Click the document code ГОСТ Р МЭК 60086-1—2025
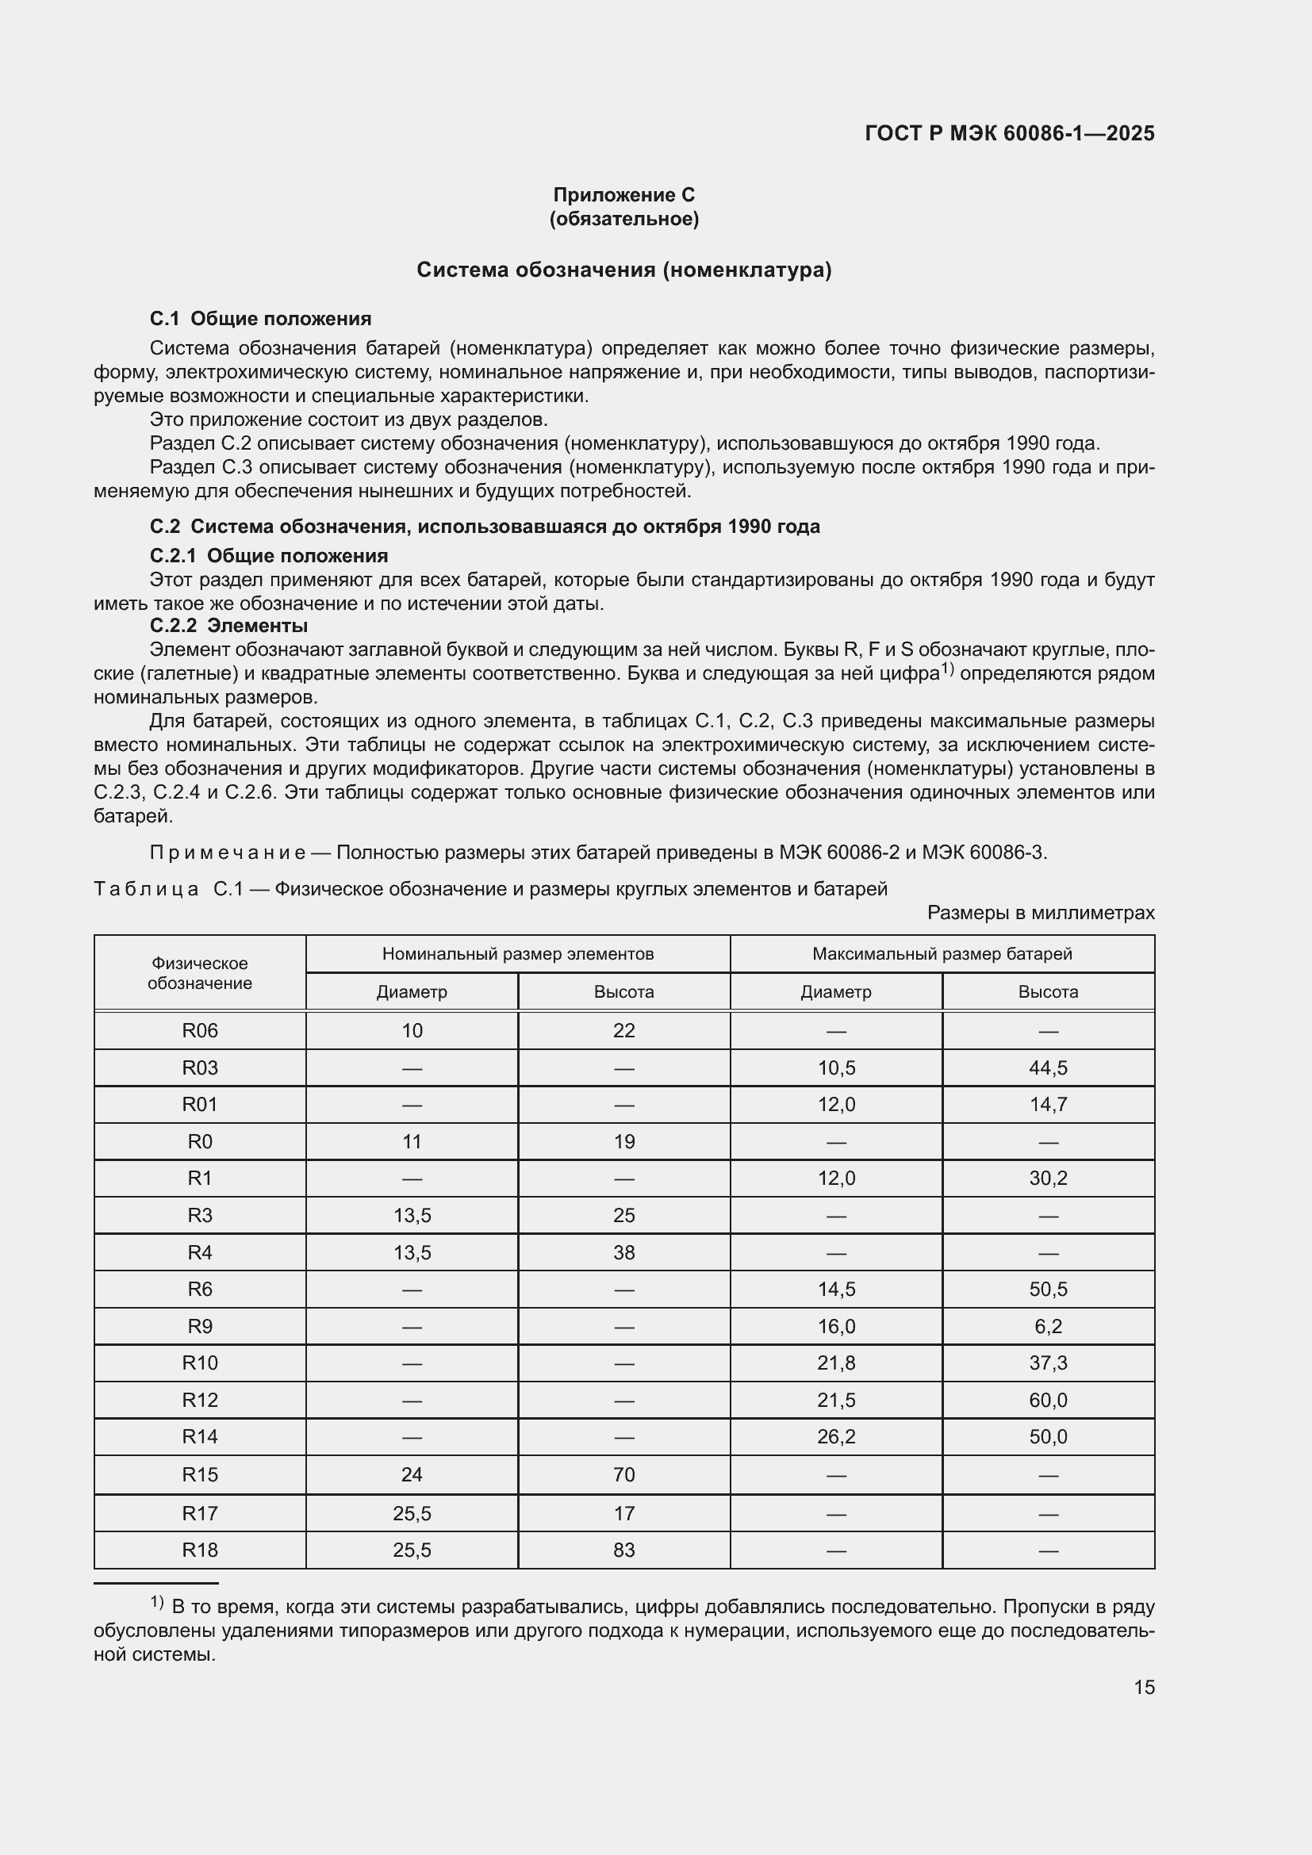pos(1009,133)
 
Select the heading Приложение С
pos(623,195)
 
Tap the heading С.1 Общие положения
pos(260,318)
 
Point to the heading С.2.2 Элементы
pos(228,625)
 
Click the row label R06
pos(200,1030)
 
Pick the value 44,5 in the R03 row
pos(1048,1067)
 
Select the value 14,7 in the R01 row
pos(1048,1105)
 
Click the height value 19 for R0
pos(623,1141)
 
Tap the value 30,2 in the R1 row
pos(1048,1178)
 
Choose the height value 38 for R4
pos(623,1252)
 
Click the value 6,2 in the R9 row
pos(1048,1326)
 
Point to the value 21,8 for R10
pos(836,1363)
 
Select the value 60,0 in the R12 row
pos(1048,1400)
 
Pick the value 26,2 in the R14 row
pos(836,1436)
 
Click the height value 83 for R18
pos(623,1550)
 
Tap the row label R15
pos(200,1474)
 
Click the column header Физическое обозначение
pos(200,973)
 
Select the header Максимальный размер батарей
pos(942,953)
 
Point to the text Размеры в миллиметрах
pos(1041,912)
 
